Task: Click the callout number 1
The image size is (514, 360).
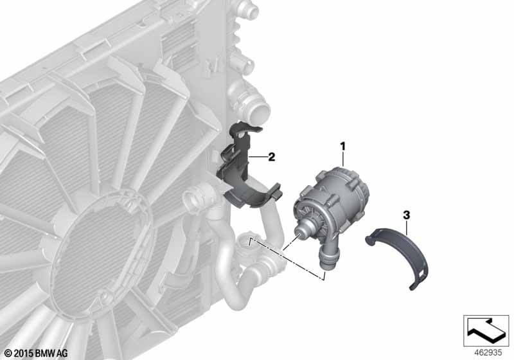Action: coord(343,146)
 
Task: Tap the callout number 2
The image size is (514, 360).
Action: coord(272,156)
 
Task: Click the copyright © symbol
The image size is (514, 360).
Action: coord(8,352)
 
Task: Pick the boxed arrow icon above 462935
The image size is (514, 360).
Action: coord(486,330)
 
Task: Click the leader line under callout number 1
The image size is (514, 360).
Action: coord(343,161)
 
